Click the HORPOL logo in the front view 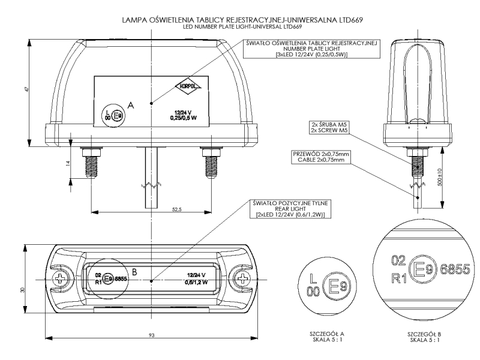[188, 86]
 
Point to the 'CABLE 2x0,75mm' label [320, 160]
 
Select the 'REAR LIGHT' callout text [286, 209]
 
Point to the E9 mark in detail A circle [334, 284]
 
